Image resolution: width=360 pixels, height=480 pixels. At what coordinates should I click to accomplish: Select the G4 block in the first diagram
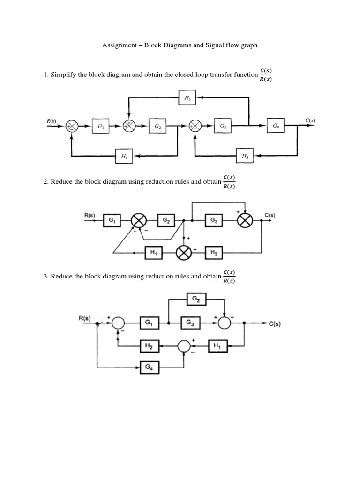click(x=275, y=126)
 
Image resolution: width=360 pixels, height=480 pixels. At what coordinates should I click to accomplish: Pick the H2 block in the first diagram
click(x=245, y=156)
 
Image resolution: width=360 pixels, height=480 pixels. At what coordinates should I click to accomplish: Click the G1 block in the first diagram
click(x=100, y=126)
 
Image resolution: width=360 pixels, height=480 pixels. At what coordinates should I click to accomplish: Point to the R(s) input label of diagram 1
click(x=52, y=121)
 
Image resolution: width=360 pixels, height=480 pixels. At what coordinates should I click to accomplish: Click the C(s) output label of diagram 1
click(x=310, y=120)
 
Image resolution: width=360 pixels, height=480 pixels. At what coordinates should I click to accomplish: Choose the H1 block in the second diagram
click(x=153, y=253)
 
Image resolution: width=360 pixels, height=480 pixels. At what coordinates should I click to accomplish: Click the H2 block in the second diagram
click(x=213, y=253)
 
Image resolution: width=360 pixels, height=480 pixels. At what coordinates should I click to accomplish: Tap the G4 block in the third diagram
click(x=150, y=368)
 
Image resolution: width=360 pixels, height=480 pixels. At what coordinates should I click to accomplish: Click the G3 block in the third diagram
click(x=191, y=322)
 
